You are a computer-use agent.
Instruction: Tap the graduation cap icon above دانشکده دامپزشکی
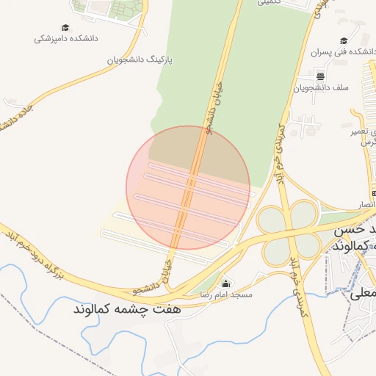[x=66, y=26]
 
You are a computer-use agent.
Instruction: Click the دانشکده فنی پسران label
[x=341, y=52]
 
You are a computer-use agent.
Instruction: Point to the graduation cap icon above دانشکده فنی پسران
[x=344, y=40]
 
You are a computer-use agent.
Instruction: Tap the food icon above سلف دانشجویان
[x=320, y=76]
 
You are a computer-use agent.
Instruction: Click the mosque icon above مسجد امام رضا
[x=225, y=283]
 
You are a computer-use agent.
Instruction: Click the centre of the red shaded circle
[x=188, y=187]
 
